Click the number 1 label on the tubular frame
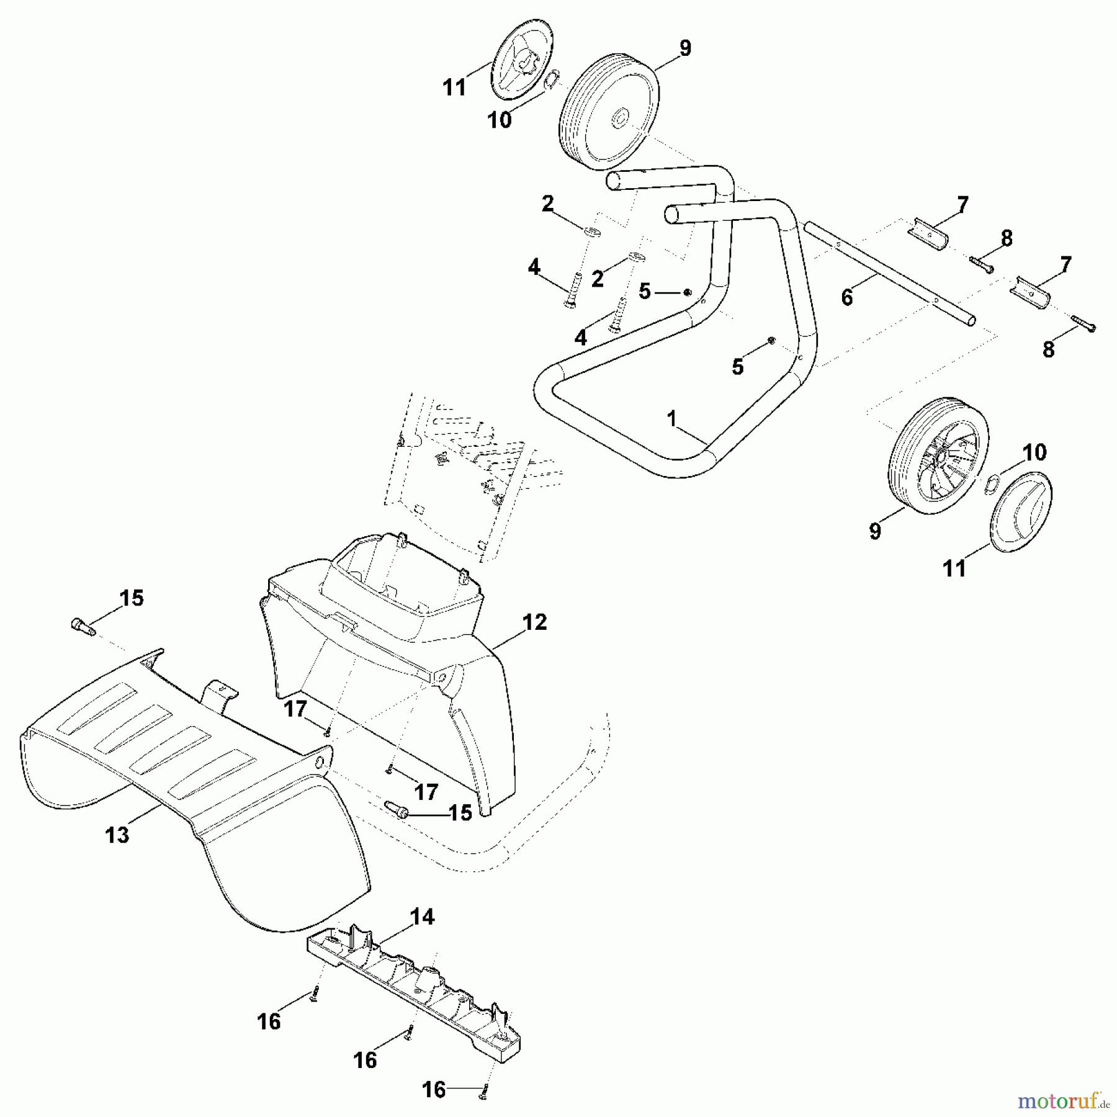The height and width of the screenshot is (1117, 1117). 671,419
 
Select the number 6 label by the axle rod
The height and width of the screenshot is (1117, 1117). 847,297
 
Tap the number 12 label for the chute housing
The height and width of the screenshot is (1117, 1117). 535,622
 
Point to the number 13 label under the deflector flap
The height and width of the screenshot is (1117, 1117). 117,835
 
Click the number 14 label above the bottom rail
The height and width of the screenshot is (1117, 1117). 423,917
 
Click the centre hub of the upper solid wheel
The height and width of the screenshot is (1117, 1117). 620,118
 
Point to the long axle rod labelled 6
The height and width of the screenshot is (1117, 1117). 887,273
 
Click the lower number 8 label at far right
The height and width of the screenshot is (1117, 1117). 1048,349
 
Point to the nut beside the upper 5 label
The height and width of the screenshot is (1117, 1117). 687,292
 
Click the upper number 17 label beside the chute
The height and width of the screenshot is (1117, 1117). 295,708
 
